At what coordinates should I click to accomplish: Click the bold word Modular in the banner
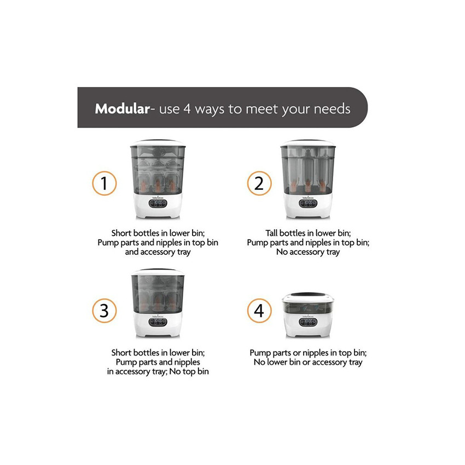tap(122, 108)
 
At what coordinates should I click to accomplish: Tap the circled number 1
tap(104, 184)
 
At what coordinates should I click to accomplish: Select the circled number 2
tap(259, 184)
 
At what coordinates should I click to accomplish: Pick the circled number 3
tap(104, 311)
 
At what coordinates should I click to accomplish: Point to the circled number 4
tap(259, 311)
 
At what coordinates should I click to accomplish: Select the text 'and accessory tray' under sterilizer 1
tap(158, 252)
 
